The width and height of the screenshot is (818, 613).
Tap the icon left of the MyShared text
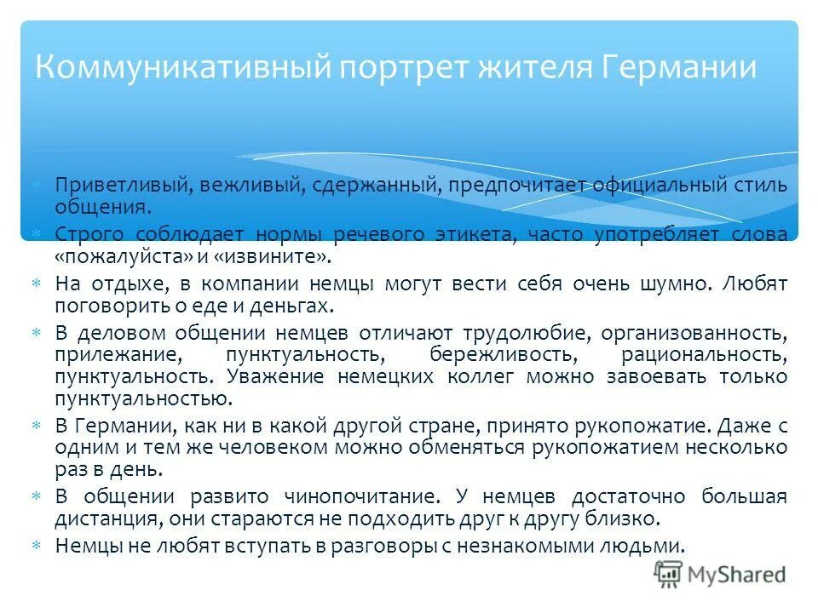[x=669, y=575]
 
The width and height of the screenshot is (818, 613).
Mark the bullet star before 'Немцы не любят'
[x=37, y=546]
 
